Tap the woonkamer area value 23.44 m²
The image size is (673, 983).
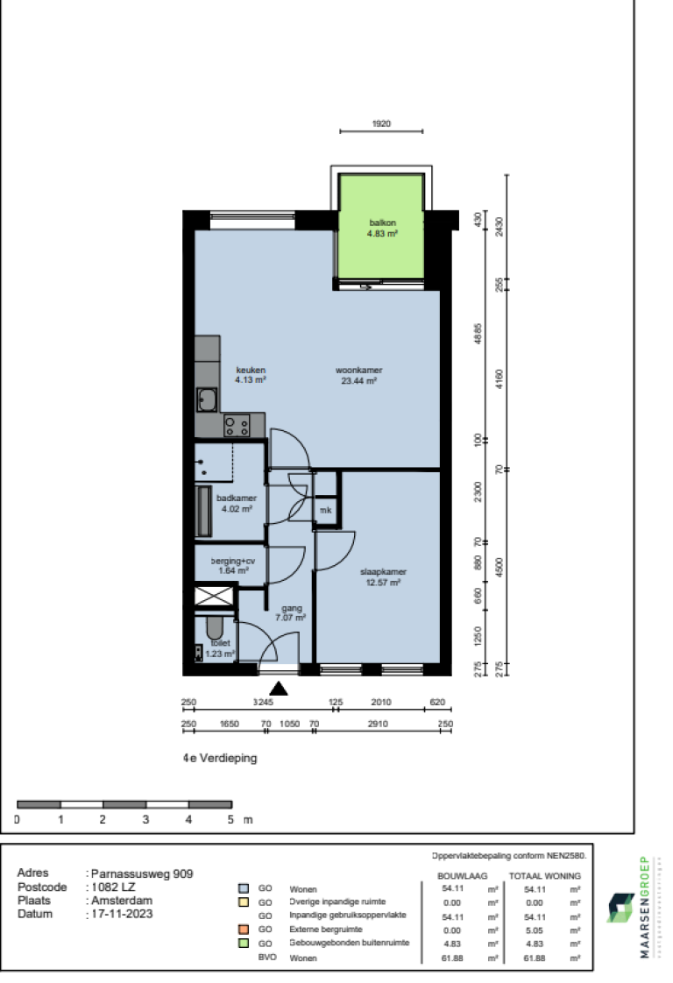pyautogui.click(x=358, y=381)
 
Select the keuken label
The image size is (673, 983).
pyautogui.click(x=250, y=369)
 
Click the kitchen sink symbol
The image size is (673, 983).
pyautogui.click(x=209, y=401)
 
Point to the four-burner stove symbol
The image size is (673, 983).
pyautogui.click(x=237, y=427)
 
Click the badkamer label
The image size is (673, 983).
pyautogui.click(x=236, y=498)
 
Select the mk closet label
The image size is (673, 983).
pyautogui.click(x=325, y=510)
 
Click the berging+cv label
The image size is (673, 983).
pyautogui.click(x=234, y=561)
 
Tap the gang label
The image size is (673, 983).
pyautogui.click(x=291, y=607)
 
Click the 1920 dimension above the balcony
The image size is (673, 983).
pyautogui.click(x=381, y=124)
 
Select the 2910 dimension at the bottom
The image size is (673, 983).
pyautogui.click(x=378, y=725)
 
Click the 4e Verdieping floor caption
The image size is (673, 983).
pyautogui.click(x=220, y=759)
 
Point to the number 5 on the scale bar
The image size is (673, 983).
pyautogui.click(x=231, y=820)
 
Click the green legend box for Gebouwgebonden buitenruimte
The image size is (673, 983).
pyautogui.click(x=244, y=943)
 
